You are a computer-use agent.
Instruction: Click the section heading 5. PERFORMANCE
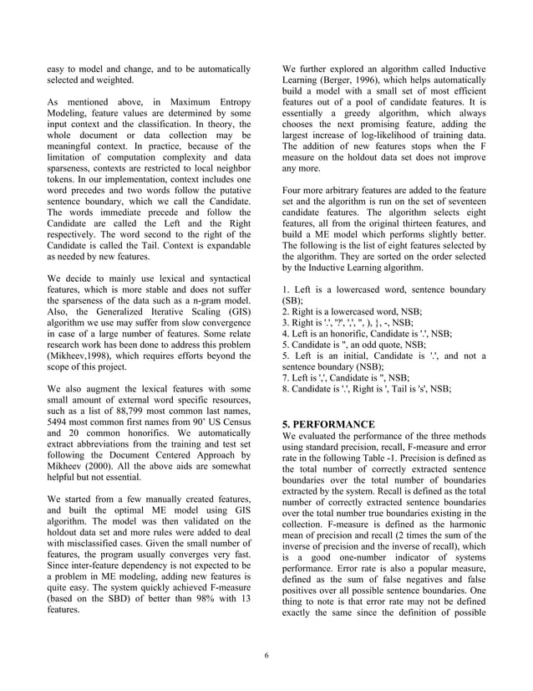coord(329,424)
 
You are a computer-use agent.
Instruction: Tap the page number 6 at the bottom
coord(266,655)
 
